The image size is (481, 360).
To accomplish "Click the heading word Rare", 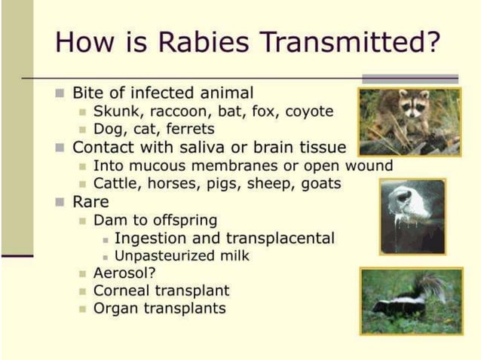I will (90, 202).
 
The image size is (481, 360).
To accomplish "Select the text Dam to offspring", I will (155, 220).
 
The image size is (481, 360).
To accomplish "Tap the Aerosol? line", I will (124, 273).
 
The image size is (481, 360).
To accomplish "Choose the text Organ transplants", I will (159, 309).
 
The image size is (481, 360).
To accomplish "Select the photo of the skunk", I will (411, 301).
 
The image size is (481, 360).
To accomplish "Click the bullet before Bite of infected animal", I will (61, 93).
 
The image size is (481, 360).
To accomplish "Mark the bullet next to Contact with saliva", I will (61, 148).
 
